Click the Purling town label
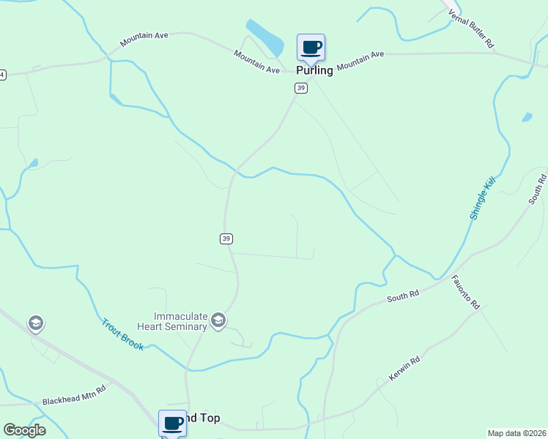click(x=314, y=71)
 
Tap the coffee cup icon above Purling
click(x=311, y=48)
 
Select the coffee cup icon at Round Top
click(x=173, y=423)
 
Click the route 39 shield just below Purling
click(x=300, y=88)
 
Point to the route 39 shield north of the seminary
click(x=226, y=239)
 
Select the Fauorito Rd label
click(x=464, y=291)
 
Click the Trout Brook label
click(x=122, y=334)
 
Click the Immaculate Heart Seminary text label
click(x=171, y=321)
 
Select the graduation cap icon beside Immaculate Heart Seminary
click(x=218, y=320)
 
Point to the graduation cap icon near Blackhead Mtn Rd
click(x=35, y=323)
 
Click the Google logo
click(x=24, y=430)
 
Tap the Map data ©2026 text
click(x=516, y=433)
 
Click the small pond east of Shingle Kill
click(x=527, y=117)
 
